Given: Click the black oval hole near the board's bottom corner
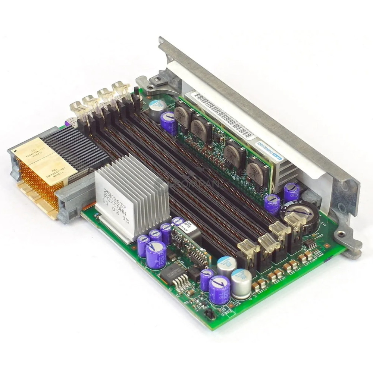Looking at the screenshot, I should pos(210,314).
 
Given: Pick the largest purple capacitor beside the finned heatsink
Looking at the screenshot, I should pos(156,254).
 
